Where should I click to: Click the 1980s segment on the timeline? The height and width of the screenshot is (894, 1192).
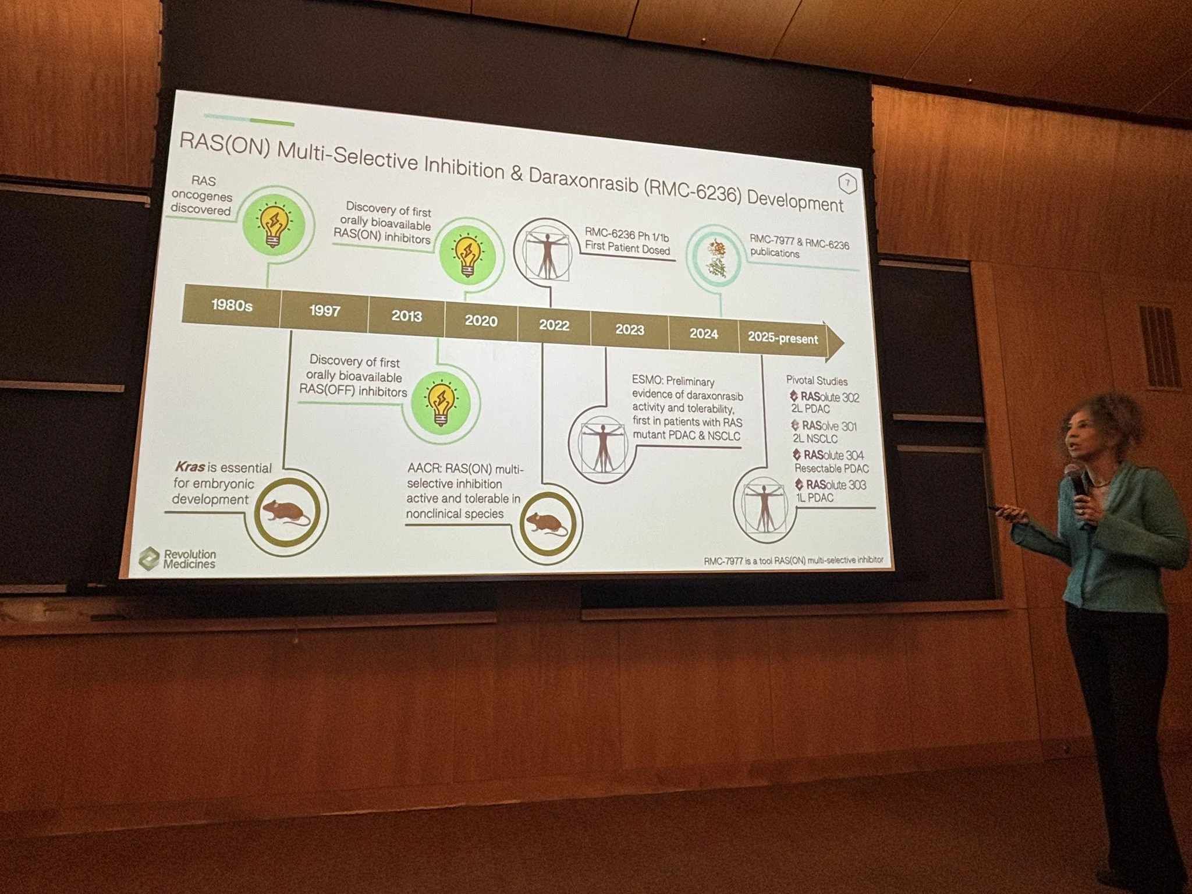[232, 305]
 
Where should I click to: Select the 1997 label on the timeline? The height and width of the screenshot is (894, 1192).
[324, 311]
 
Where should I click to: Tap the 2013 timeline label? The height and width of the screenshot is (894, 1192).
[406, 316]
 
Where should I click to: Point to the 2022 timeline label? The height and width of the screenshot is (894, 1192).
[554, 325]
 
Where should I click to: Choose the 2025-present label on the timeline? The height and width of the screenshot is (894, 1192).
[782, 338]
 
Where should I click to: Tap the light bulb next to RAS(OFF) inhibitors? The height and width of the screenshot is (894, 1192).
[441, 401]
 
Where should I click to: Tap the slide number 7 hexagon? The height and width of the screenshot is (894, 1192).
[847, 184]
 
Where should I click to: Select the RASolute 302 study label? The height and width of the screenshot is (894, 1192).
[829, 397]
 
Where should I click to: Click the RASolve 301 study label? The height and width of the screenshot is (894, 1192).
[829, 426]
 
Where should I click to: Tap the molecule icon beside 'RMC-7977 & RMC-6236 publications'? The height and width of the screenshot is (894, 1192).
[715, 258]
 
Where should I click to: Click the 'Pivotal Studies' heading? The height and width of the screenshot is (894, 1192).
[817, 381]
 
